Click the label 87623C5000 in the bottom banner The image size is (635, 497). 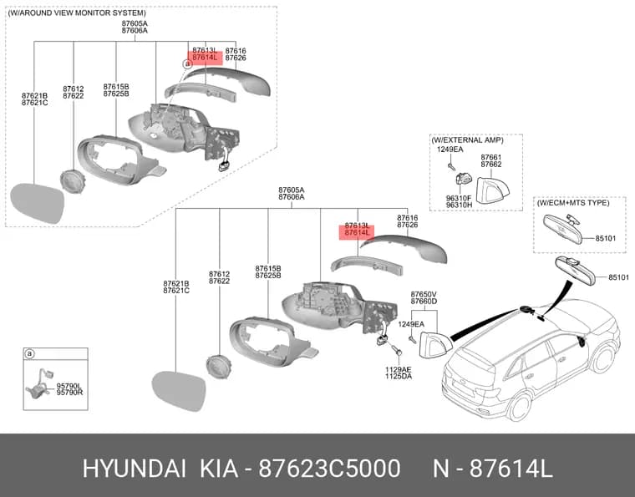pos(329,469)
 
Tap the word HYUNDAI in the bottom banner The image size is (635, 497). pos(135,469)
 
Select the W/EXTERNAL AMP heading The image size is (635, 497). pos(467,140)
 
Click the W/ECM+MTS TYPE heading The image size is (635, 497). pos(573,202)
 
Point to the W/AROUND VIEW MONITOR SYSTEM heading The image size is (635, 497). pos(77,13)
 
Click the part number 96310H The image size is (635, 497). pos(459,205)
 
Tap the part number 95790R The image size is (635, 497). pos(69,393)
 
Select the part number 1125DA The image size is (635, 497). pos(398,377)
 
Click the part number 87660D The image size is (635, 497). pos(424,302)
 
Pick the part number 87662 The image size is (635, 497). pos(490,165)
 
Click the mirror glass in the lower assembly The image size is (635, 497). pos(179,391)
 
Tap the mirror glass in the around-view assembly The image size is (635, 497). pos(38,203)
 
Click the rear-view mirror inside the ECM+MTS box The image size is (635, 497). pos(562,229)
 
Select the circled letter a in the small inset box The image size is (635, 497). pos(29,354)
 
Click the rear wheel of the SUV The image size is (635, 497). pos(518,408)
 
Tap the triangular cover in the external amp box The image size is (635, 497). pos(491,190)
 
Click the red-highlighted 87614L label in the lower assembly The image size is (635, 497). pos(357,232)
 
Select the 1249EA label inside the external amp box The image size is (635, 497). pos(450,150)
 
